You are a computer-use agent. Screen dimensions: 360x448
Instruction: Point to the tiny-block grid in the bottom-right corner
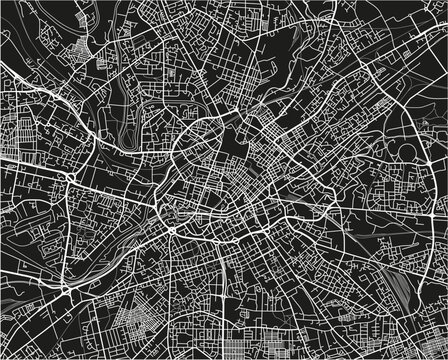[420, 340]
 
